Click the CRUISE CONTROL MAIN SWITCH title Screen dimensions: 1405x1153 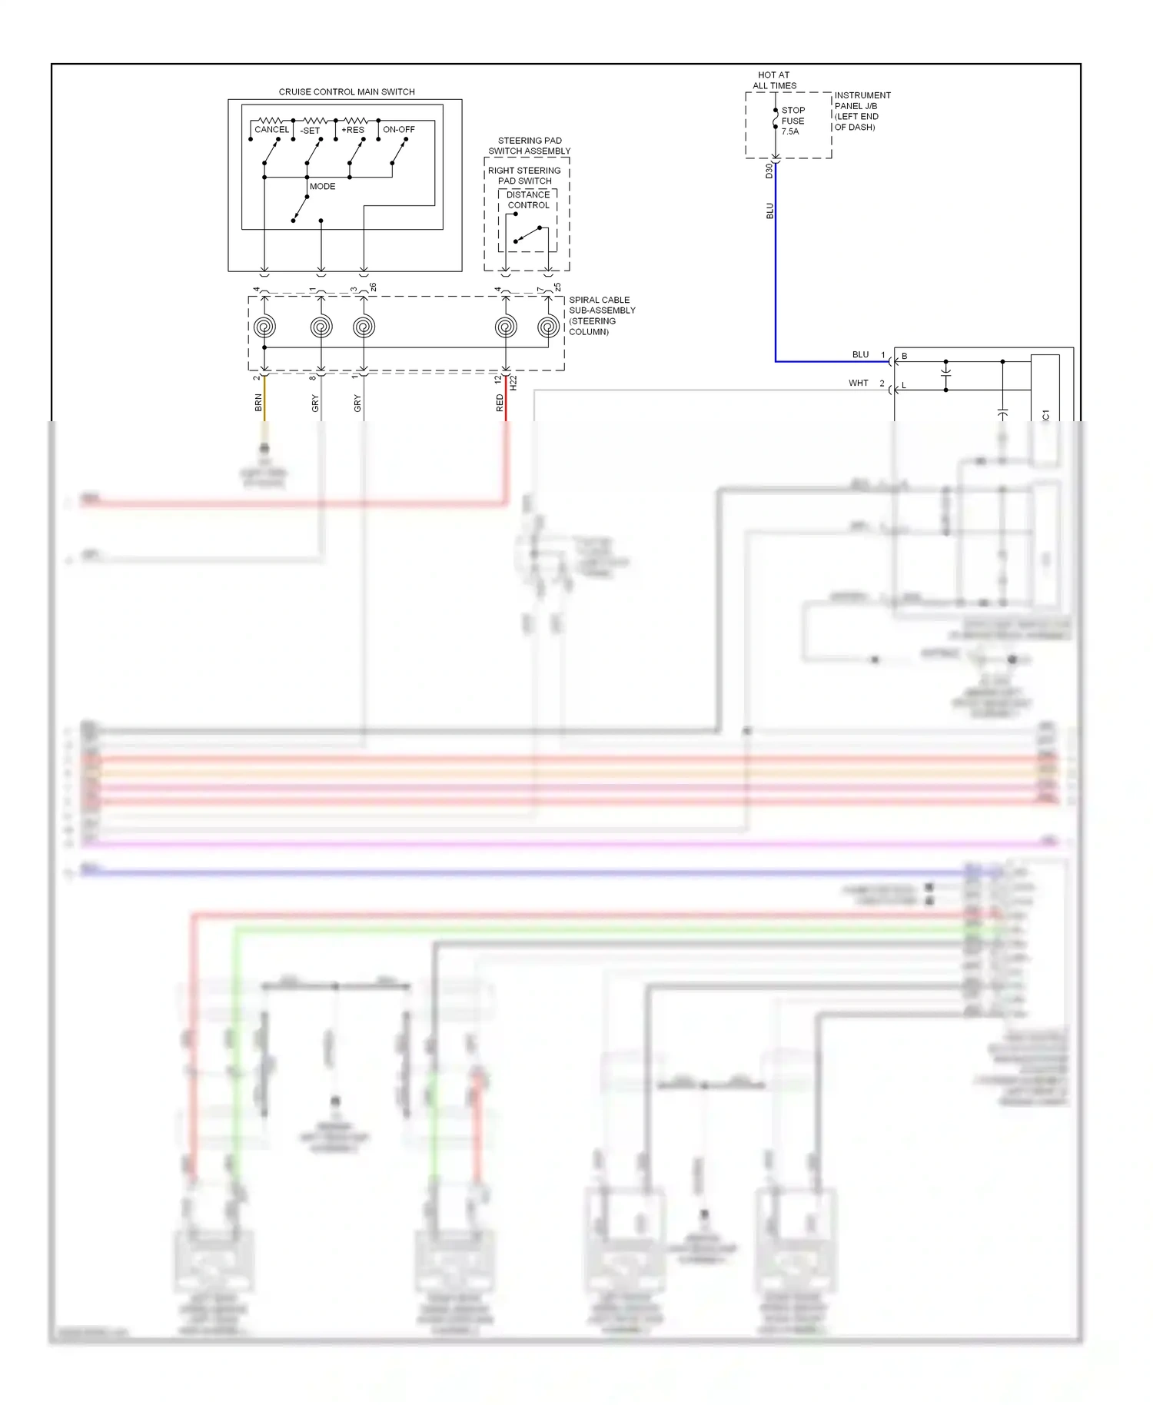[347, 92]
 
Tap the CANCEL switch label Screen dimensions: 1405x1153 [271, 130]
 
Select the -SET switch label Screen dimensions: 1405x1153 [311, 131]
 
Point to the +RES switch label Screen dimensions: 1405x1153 [353, 130]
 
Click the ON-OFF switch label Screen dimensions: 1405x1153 [399, 130]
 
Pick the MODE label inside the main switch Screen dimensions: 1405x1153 [323, 187]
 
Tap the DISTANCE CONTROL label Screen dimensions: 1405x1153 [528, 200]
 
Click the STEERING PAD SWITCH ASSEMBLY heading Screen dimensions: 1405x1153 [530, 146]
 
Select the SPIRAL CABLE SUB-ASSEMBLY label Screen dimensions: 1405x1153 [602, 316]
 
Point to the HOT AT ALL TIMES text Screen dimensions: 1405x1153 [774, 81]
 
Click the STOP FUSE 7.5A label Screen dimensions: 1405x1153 [792, 121]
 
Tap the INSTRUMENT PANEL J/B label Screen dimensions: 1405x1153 [862, 111]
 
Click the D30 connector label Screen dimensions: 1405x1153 [769, 171]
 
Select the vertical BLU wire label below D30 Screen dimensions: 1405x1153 [769, 211]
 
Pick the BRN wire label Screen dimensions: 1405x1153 [259, 403]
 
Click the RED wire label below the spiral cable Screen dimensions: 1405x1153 [500, 403]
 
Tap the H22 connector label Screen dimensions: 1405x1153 [513, 383]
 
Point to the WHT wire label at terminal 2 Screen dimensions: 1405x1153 [858, 383]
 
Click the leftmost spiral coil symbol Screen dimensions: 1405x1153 [264, 327]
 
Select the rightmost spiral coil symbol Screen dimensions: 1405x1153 [548, 327]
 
